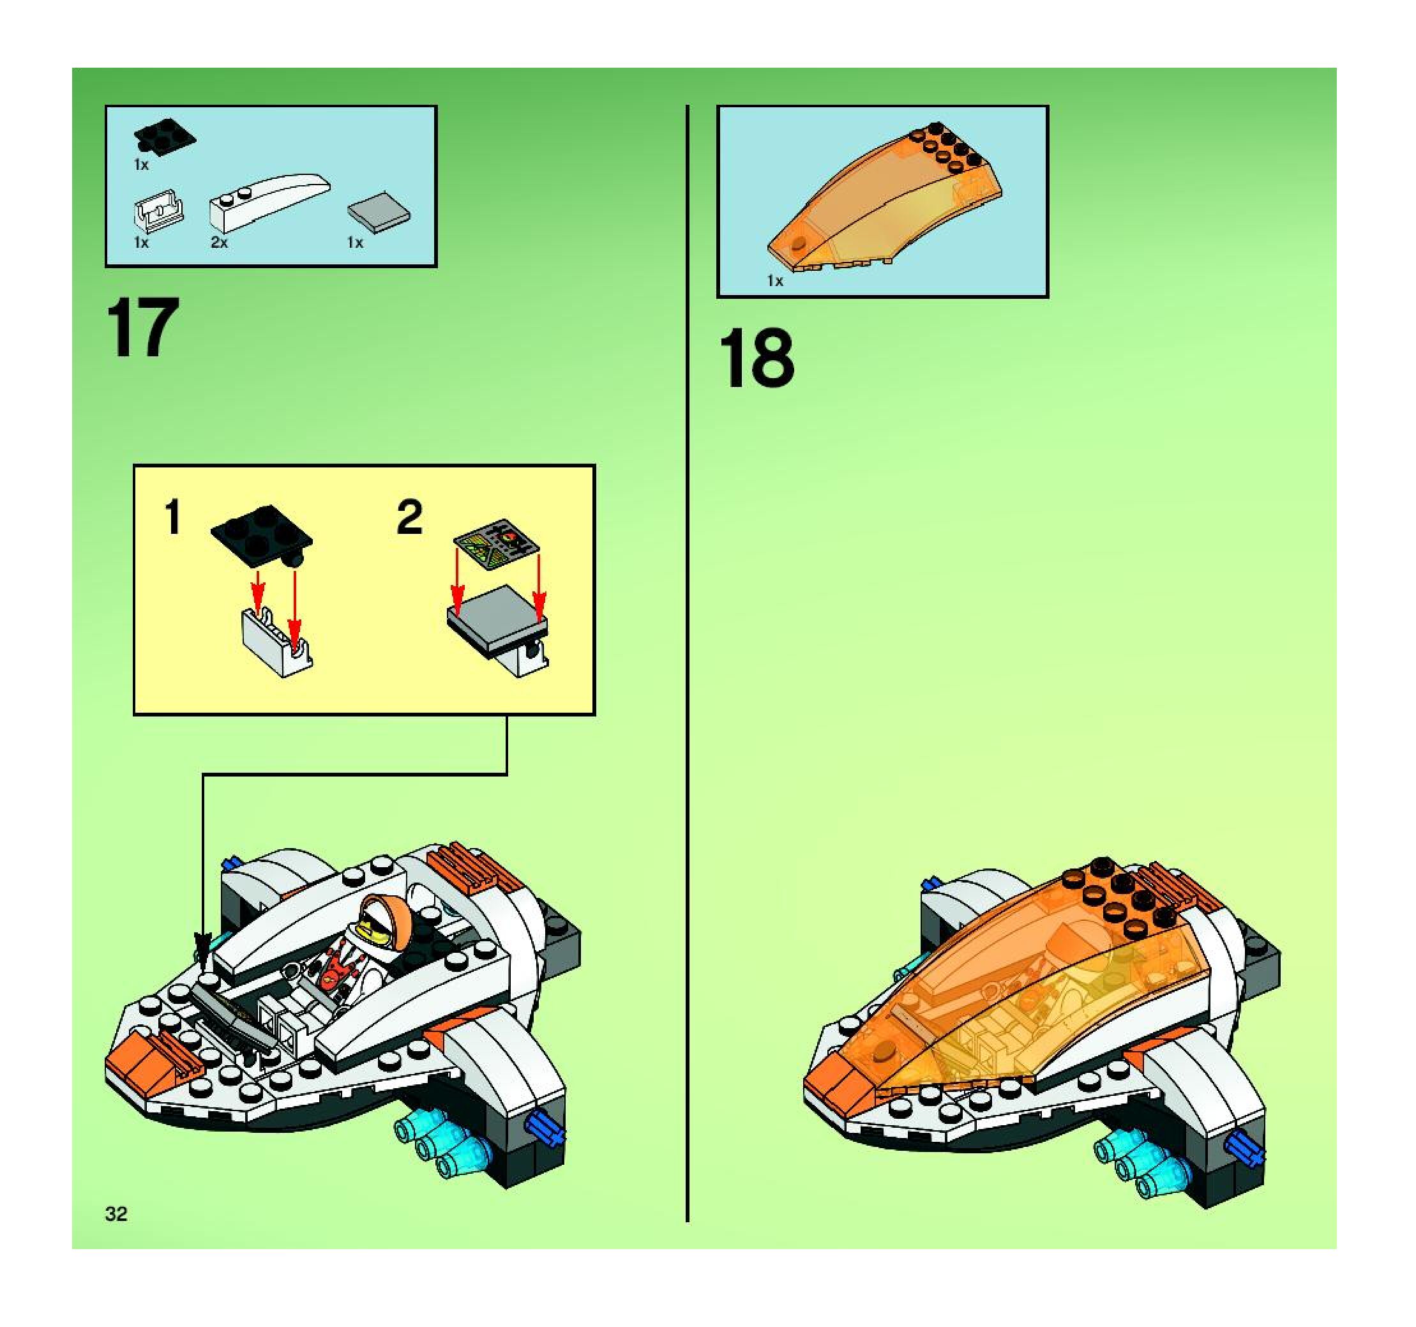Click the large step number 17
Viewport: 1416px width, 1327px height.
coord(142,328)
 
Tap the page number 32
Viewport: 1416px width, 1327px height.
coord(116,1214)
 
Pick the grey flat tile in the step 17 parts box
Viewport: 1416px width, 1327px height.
coord(379,211)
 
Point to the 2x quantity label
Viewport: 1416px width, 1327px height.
coord(220,243)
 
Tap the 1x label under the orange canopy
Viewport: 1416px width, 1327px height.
coord(775,282)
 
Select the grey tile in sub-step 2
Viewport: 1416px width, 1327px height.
coord(497,612)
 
